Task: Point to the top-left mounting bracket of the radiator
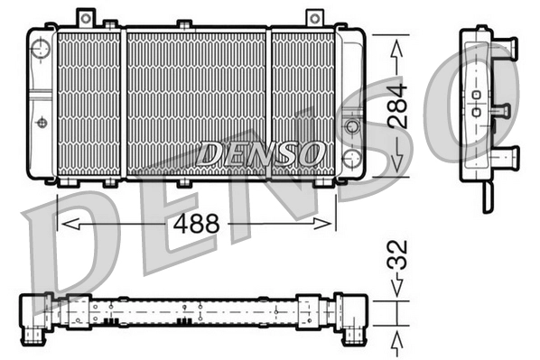(x=86, y=17)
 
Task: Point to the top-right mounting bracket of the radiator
(x=314, y=17)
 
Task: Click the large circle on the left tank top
(x=39, y=48)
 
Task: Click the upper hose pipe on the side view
(x=504, y=44)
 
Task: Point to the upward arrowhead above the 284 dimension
(x=398, y=51)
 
